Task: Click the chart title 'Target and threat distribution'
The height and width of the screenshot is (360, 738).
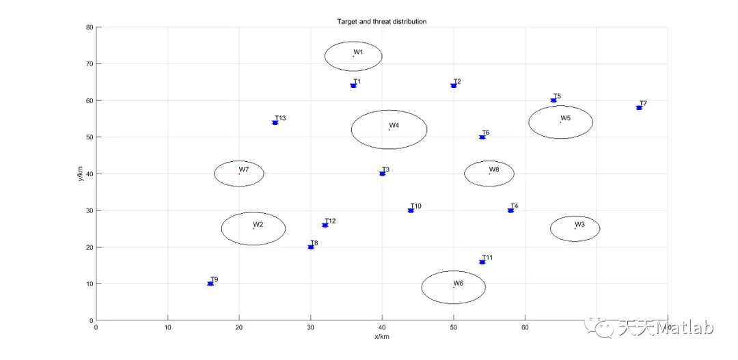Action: [x=381, y=22]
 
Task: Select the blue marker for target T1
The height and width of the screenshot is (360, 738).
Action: [x=353, y=86]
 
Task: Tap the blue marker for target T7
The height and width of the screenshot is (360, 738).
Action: [x=639, y=108]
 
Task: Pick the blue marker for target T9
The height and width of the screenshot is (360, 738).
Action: [x=210, y=283]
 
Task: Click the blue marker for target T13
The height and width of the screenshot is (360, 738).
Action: [x=275, y=123]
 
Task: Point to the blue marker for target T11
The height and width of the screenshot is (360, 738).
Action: [x=482, y=262]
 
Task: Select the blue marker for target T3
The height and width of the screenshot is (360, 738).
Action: [x=382, y=174]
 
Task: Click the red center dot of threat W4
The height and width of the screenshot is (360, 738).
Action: [x=389, y=129]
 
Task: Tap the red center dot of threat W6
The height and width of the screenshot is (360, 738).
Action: [x=454, y=287]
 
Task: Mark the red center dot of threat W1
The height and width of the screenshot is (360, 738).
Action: [x=353, y=56]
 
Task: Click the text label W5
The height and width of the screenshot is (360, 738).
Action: [x=565, y=118]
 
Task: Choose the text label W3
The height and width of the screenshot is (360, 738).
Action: [x=579, y=225]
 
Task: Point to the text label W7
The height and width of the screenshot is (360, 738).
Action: [x=244, y=169]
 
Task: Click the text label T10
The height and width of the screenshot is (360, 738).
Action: [x=415, y=206]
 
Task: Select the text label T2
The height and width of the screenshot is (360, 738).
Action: [x=457, y=82]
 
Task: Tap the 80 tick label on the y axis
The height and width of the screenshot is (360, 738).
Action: [x=89, y=27]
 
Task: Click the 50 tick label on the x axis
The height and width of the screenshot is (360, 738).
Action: [x=454, y=328]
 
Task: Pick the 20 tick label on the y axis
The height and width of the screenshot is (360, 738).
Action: [x=89, y=247]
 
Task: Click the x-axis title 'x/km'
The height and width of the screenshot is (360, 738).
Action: [x=381, y=336]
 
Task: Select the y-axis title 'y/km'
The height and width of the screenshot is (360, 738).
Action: [x=81, y=174]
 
